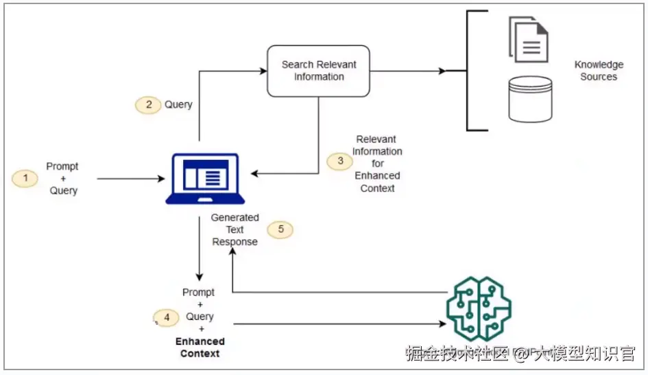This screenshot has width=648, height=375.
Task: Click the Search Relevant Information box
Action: point(319,71)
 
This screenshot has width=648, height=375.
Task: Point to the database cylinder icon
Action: point(530,99)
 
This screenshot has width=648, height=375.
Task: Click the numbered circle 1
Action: point(25,179)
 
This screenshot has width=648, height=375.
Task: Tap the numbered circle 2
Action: point(147,105)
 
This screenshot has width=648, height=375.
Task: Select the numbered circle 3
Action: point(339,161)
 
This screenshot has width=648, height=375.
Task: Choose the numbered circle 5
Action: point(280,229)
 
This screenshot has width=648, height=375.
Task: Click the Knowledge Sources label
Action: point(599,71)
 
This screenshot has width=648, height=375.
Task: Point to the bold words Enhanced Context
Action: point(200,347)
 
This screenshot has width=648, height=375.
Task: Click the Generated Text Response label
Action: point(235,229)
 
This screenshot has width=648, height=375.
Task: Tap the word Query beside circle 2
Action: point(178,105)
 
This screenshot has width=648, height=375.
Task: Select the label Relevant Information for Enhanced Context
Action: point(377,163)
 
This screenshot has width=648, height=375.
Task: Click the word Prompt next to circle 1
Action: point(62,166)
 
